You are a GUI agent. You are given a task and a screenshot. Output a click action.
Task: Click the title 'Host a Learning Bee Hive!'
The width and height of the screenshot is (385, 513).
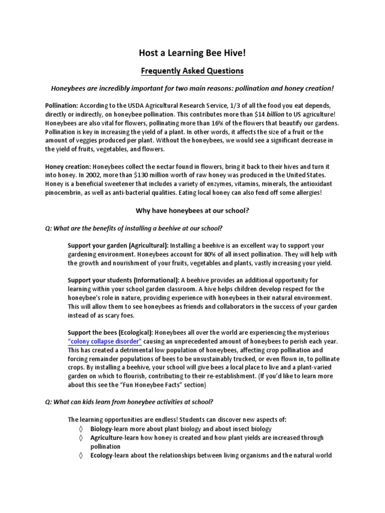pyautogui.click(x=192, y=53)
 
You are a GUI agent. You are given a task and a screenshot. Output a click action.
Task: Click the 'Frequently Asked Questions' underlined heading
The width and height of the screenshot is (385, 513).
pyautogui.click(x=192, y=71)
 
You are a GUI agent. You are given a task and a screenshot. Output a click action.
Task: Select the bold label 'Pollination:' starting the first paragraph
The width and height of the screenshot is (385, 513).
pyautogui.click(x=61, y=106)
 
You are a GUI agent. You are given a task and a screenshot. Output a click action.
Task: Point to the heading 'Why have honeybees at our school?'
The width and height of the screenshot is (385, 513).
pyautogui.click(x=192, y=211)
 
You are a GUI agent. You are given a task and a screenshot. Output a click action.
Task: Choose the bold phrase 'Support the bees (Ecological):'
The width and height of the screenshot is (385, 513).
pyautogui.click(x=111, y=332)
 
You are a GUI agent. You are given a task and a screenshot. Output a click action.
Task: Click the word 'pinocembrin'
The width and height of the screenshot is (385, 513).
pyautogui.click(x=65, y=192)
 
